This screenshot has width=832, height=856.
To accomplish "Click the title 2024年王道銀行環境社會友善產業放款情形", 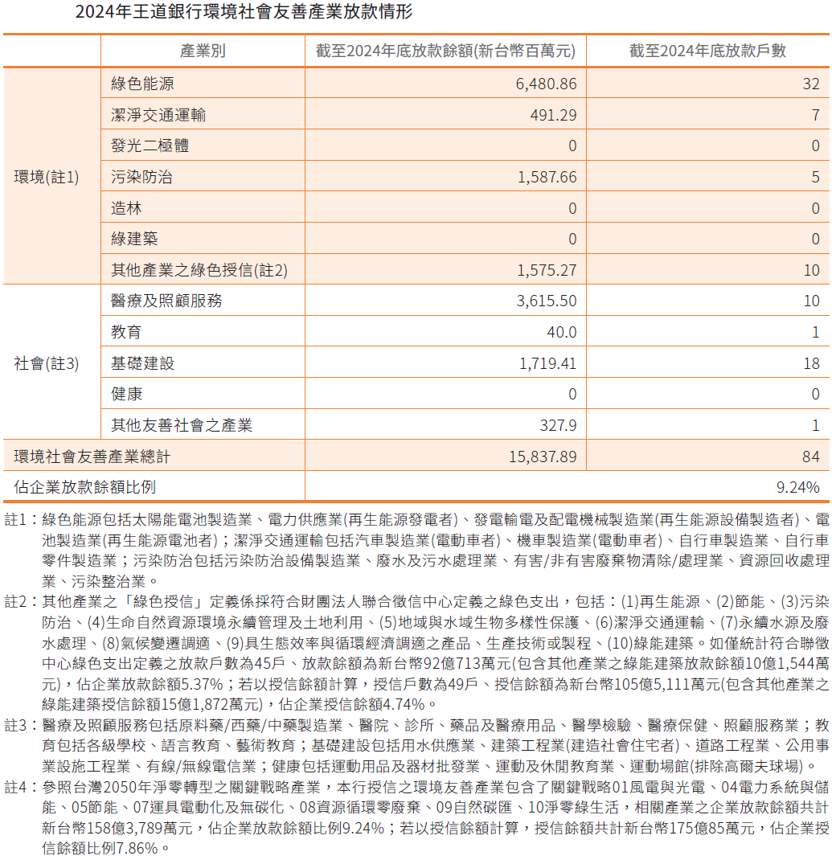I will (x=244, y=13).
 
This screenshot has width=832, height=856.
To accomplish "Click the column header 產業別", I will (x=203, y=51).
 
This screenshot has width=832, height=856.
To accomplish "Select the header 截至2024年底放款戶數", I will (x=707, y=51).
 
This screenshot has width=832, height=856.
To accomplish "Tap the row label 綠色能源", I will (x=142, y=84).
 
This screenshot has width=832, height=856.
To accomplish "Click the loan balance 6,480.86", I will (x=546, y=84).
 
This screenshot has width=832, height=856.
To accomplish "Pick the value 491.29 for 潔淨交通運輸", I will (x=553, y=115).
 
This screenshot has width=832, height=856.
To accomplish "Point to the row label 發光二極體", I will (x=150, y=145).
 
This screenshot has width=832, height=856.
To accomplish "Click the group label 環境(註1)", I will (x=47, y=177).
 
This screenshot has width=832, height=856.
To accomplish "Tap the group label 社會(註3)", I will (x=47, y=363).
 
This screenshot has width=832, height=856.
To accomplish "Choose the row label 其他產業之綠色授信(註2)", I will (x=199, y=271).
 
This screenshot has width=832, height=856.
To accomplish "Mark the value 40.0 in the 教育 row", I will (x=561, y=332).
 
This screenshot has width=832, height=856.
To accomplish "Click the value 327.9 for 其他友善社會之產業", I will (x=558, y=425).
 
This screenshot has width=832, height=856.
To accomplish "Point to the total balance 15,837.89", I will (x=543, y=457).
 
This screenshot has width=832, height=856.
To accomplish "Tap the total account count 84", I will (x=810, y=457).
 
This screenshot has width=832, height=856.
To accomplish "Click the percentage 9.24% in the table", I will (x=797, y=487).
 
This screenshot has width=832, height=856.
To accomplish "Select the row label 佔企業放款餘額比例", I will (x=84, y=487).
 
